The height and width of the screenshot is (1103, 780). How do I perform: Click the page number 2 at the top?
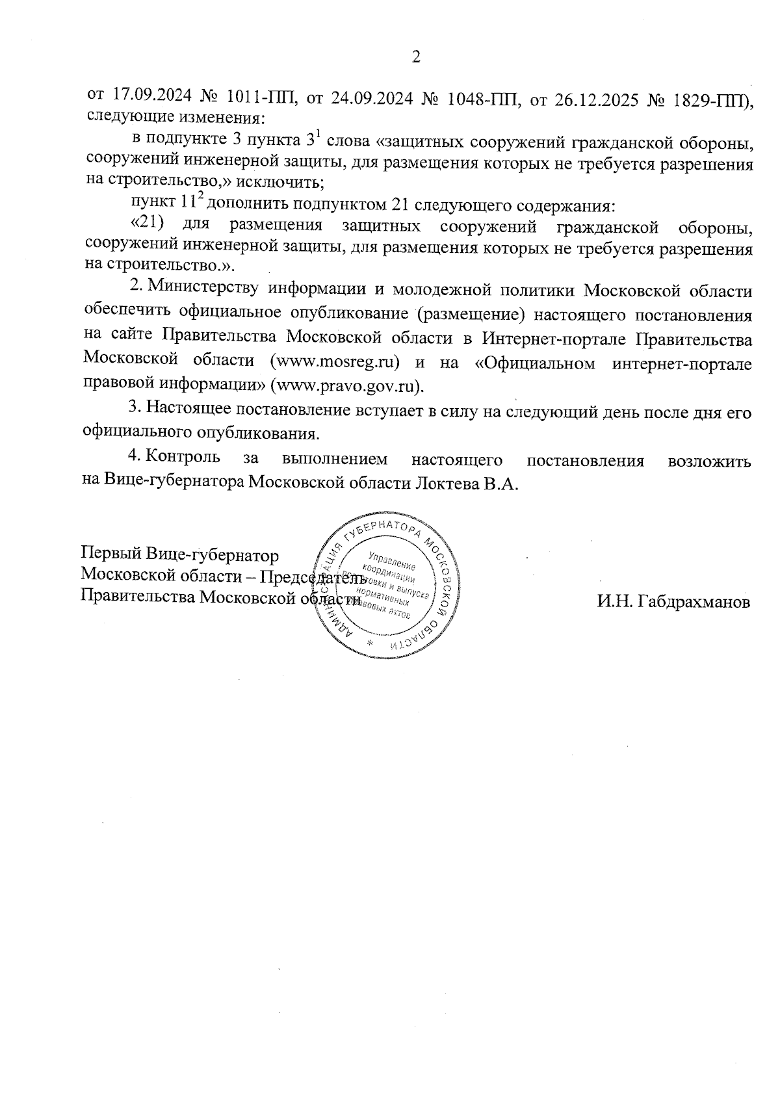pyautogui.click(x=417, y=57)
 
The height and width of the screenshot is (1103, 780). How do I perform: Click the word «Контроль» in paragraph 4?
pyautogui.click(x=183, y=458)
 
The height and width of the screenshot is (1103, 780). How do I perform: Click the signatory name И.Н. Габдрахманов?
pyautogui.click(x=673, y=601)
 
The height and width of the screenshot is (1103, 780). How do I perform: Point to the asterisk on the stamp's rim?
pyautogui.click(x=370, y=643)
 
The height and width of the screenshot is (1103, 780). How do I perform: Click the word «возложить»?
pyautogui.click(x=709, y=461)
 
